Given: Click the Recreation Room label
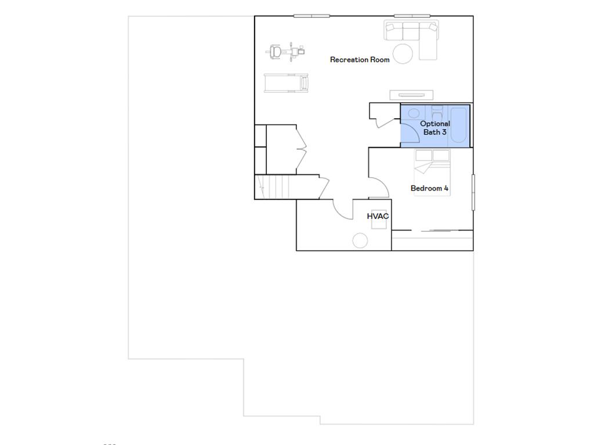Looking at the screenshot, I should pos(360,60).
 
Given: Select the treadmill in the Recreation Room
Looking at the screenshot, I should pos(286,83).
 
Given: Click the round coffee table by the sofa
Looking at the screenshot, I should pos(403,53).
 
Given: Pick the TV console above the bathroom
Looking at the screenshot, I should pos(411,95).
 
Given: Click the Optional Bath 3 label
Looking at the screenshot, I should pos(435,127).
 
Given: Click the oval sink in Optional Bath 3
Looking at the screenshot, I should pos(414,113).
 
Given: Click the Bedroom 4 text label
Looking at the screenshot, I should pos(429,188).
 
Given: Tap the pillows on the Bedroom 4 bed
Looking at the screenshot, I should pos(432,155).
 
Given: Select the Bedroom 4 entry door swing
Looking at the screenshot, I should pos(378,188).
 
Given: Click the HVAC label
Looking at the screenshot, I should pos(378,216).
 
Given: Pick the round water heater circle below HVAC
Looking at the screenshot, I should pos(360,240).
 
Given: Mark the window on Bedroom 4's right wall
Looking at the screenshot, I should pos(473,192).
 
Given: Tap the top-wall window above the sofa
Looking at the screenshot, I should pos(412,16).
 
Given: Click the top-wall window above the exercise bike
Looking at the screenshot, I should pos(312,16).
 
